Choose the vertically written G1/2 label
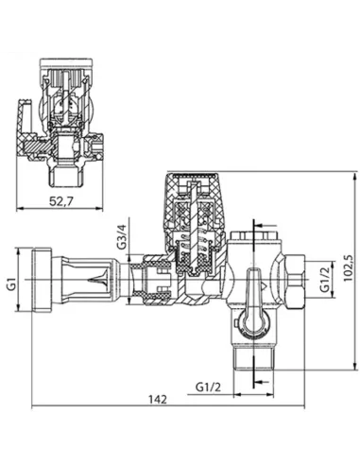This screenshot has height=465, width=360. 322,281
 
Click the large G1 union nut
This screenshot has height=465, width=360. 44,281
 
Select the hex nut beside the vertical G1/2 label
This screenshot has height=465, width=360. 298,281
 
